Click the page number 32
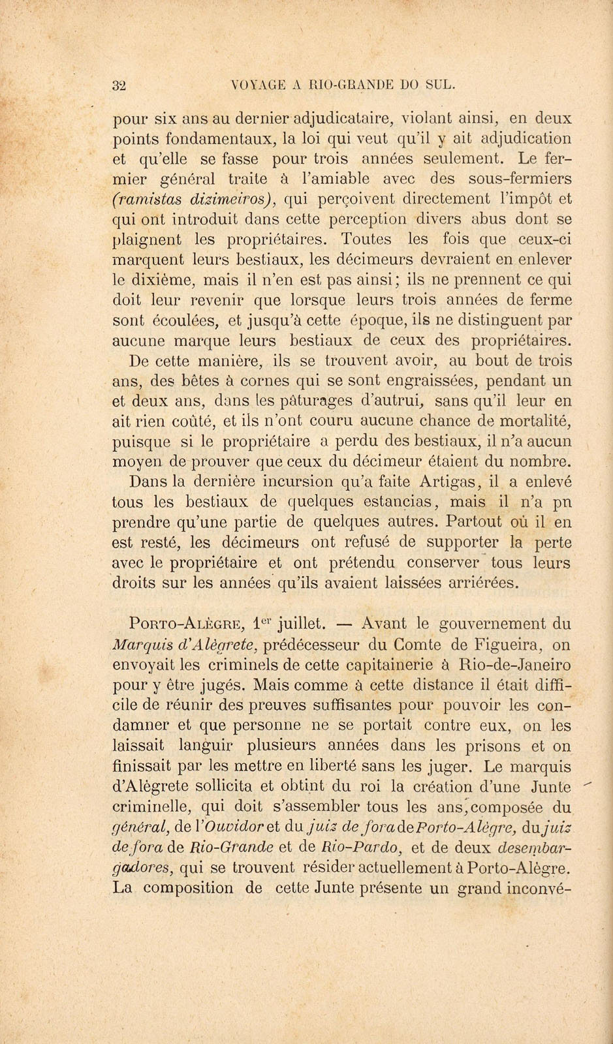click(x=119, y=85)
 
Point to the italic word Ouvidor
click(x=225, y=827)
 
